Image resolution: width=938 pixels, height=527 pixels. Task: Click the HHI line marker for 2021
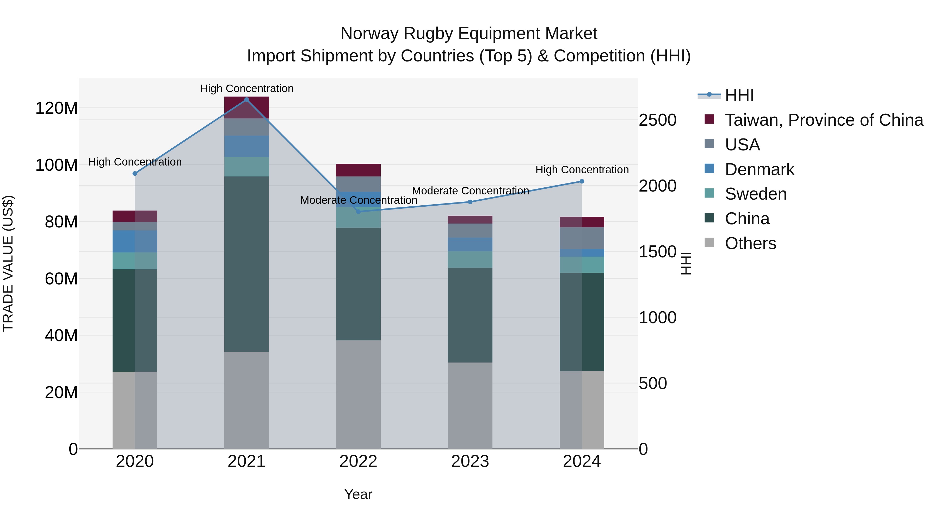(x=246, y=100)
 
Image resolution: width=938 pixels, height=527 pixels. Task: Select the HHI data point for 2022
(x=358, y=211)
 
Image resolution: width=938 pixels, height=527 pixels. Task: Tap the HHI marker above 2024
(x=582, y=181)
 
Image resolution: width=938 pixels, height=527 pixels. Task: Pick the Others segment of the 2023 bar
(x=470, y=405)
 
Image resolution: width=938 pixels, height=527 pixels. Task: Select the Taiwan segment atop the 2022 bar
(x=358, y=170)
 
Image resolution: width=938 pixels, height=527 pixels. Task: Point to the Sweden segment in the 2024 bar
(x=582, y=264)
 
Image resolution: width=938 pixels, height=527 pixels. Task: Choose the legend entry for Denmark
(x=759, y=169)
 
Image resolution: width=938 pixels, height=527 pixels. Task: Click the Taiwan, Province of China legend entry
(x=824, y=120)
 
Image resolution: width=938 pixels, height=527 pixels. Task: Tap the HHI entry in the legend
(x=739, y=95)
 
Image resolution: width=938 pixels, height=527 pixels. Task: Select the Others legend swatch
(x=709, y=243)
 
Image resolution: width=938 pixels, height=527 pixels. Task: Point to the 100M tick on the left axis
(x=57, y=165)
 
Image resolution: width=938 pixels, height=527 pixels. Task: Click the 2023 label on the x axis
(x=470, y=461)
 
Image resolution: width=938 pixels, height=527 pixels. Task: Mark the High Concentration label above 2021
(x=246, y=88)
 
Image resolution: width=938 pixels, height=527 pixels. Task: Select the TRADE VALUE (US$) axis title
(x=8, y=263)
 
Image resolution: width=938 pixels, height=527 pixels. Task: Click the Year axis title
(x=358, y=494)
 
